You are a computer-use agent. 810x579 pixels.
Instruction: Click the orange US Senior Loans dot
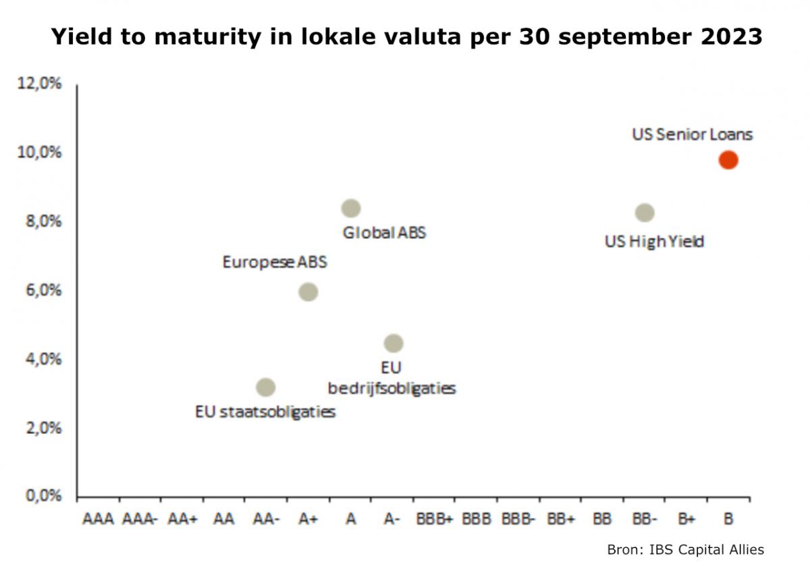[x=728, y=160]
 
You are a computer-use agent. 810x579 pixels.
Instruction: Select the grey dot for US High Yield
[x=645, y=213]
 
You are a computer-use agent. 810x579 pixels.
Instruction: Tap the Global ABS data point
[x=350, y=208]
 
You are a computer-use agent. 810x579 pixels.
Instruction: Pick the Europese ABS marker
[x=308, y=292]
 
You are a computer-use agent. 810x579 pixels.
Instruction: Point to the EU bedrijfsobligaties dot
[x=394, y=343]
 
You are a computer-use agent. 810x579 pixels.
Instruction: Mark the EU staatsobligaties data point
[x=266, y=387]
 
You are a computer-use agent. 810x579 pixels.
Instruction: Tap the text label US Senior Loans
[x=692, y=134]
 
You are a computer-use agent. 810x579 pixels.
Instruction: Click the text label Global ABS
[x=384, y=233]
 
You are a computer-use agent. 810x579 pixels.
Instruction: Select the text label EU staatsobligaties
[x=265, y=411]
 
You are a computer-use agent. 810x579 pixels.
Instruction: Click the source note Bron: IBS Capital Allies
[x=685, y=549]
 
